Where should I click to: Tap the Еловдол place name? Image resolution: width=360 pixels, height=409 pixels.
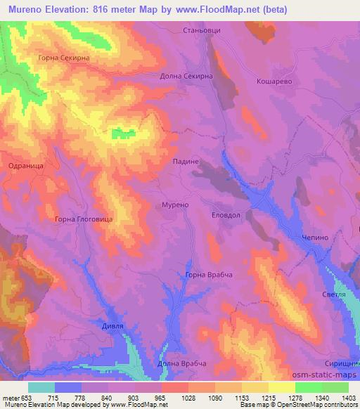pyautogui.click(x=226, y=216)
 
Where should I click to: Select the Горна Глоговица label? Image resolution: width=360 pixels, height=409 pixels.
pyautogui.click(x=84, y=219)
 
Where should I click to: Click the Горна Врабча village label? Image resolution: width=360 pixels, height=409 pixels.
pyautogui.click(x=208, y=275)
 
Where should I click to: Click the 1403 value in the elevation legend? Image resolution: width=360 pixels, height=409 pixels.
pyautogui.click(x=349, y=398)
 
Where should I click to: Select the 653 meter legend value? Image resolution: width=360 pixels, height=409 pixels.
pyautogui.click(x=25, y=398)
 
